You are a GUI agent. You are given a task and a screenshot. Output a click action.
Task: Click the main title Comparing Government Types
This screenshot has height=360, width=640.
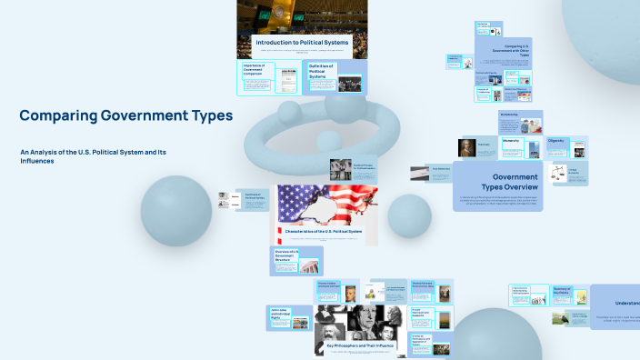(x=125, y=115)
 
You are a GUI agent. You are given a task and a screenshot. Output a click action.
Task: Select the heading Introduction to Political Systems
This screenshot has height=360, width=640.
(x=301, y=43)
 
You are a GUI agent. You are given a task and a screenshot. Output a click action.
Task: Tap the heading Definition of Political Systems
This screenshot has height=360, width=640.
(x=322, y=71)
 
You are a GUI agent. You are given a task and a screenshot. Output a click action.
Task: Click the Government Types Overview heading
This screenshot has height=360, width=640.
(x=515, y=181)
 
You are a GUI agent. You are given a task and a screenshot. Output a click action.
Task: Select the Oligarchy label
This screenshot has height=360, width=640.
(x=556, y=141)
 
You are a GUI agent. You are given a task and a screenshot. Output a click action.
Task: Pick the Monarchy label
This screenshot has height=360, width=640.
(x=511, y=141)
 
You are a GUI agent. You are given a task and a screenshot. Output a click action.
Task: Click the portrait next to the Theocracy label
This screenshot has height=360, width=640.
(x=459, y=147)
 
